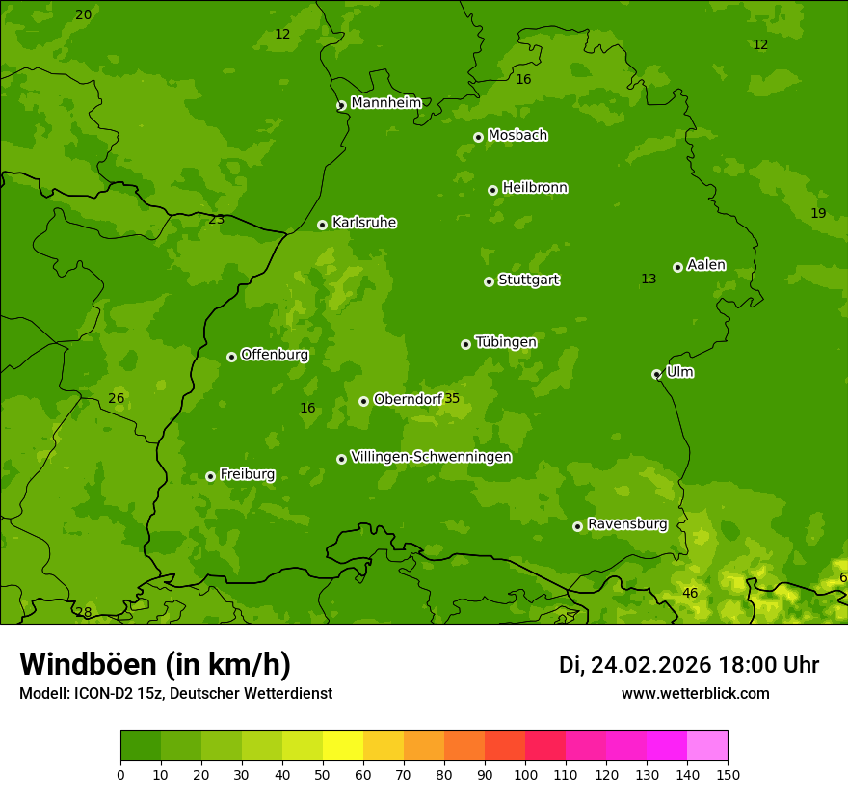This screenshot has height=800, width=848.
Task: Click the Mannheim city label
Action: coord(385,103)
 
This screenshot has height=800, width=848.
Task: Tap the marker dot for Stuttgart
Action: coord(489,281)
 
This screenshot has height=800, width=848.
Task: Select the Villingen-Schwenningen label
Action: coord(431,457)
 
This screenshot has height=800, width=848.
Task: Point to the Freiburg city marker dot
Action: coord(210,476)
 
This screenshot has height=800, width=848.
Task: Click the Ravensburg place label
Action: coord(627,524)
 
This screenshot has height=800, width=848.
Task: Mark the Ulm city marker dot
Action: coord(656,374)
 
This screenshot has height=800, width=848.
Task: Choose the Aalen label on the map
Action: coord(706,265)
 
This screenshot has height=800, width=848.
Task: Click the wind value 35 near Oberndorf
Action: coord(452,399)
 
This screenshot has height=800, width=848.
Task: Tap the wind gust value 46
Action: coord(690,593)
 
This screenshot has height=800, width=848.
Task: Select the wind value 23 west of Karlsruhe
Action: coord(217,219)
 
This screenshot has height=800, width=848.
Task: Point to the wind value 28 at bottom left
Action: coord(84,613)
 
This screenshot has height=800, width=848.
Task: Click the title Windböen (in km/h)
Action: coord(154,664)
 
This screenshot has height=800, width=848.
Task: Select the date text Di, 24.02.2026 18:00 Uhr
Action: coord(689,665)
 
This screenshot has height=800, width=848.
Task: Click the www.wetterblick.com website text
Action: coord(695,693)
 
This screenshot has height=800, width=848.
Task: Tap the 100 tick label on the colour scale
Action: coord(525,774)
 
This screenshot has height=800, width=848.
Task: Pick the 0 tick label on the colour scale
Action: coord(120,774)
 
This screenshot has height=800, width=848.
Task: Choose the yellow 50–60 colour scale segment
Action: coord(343,746)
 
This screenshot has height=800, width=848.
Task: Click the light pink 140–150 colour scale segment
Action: coord(707,746)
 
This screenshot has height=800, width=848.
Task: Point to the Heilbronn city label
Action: coord(535,188)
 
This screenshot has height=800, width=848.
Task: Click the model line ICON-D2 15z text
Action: coord(175,693)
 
